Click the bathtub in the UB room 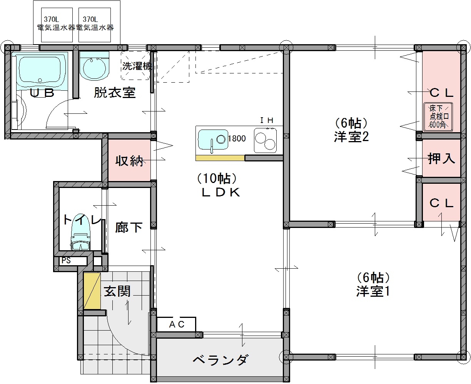tap(40, 71)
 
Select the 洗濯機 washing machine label tap(137, 66)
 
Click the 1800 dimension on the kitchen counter tap(237, 138)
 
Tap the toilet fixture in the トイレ tap(80, 232)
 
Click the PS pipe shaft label tap(66, 260)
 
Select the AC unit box tap(176, 324)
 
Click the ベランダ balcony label tap(220, 360)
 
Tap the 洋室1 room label tap(373, 291)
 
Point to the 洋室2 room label tap(351, 137)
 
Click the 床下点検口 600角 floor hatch tap(438, 117)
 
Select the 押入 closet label tap(441, 159)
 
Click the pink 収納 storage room tap(129, 160)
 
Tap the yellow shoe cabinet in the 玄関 tap(92, 291)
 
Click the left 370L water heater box tap(57, 25)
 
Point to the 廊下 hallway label tap(129, 228)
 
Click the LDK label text tap(220, 192)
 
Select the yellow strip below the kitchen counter tap(220, 158)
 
